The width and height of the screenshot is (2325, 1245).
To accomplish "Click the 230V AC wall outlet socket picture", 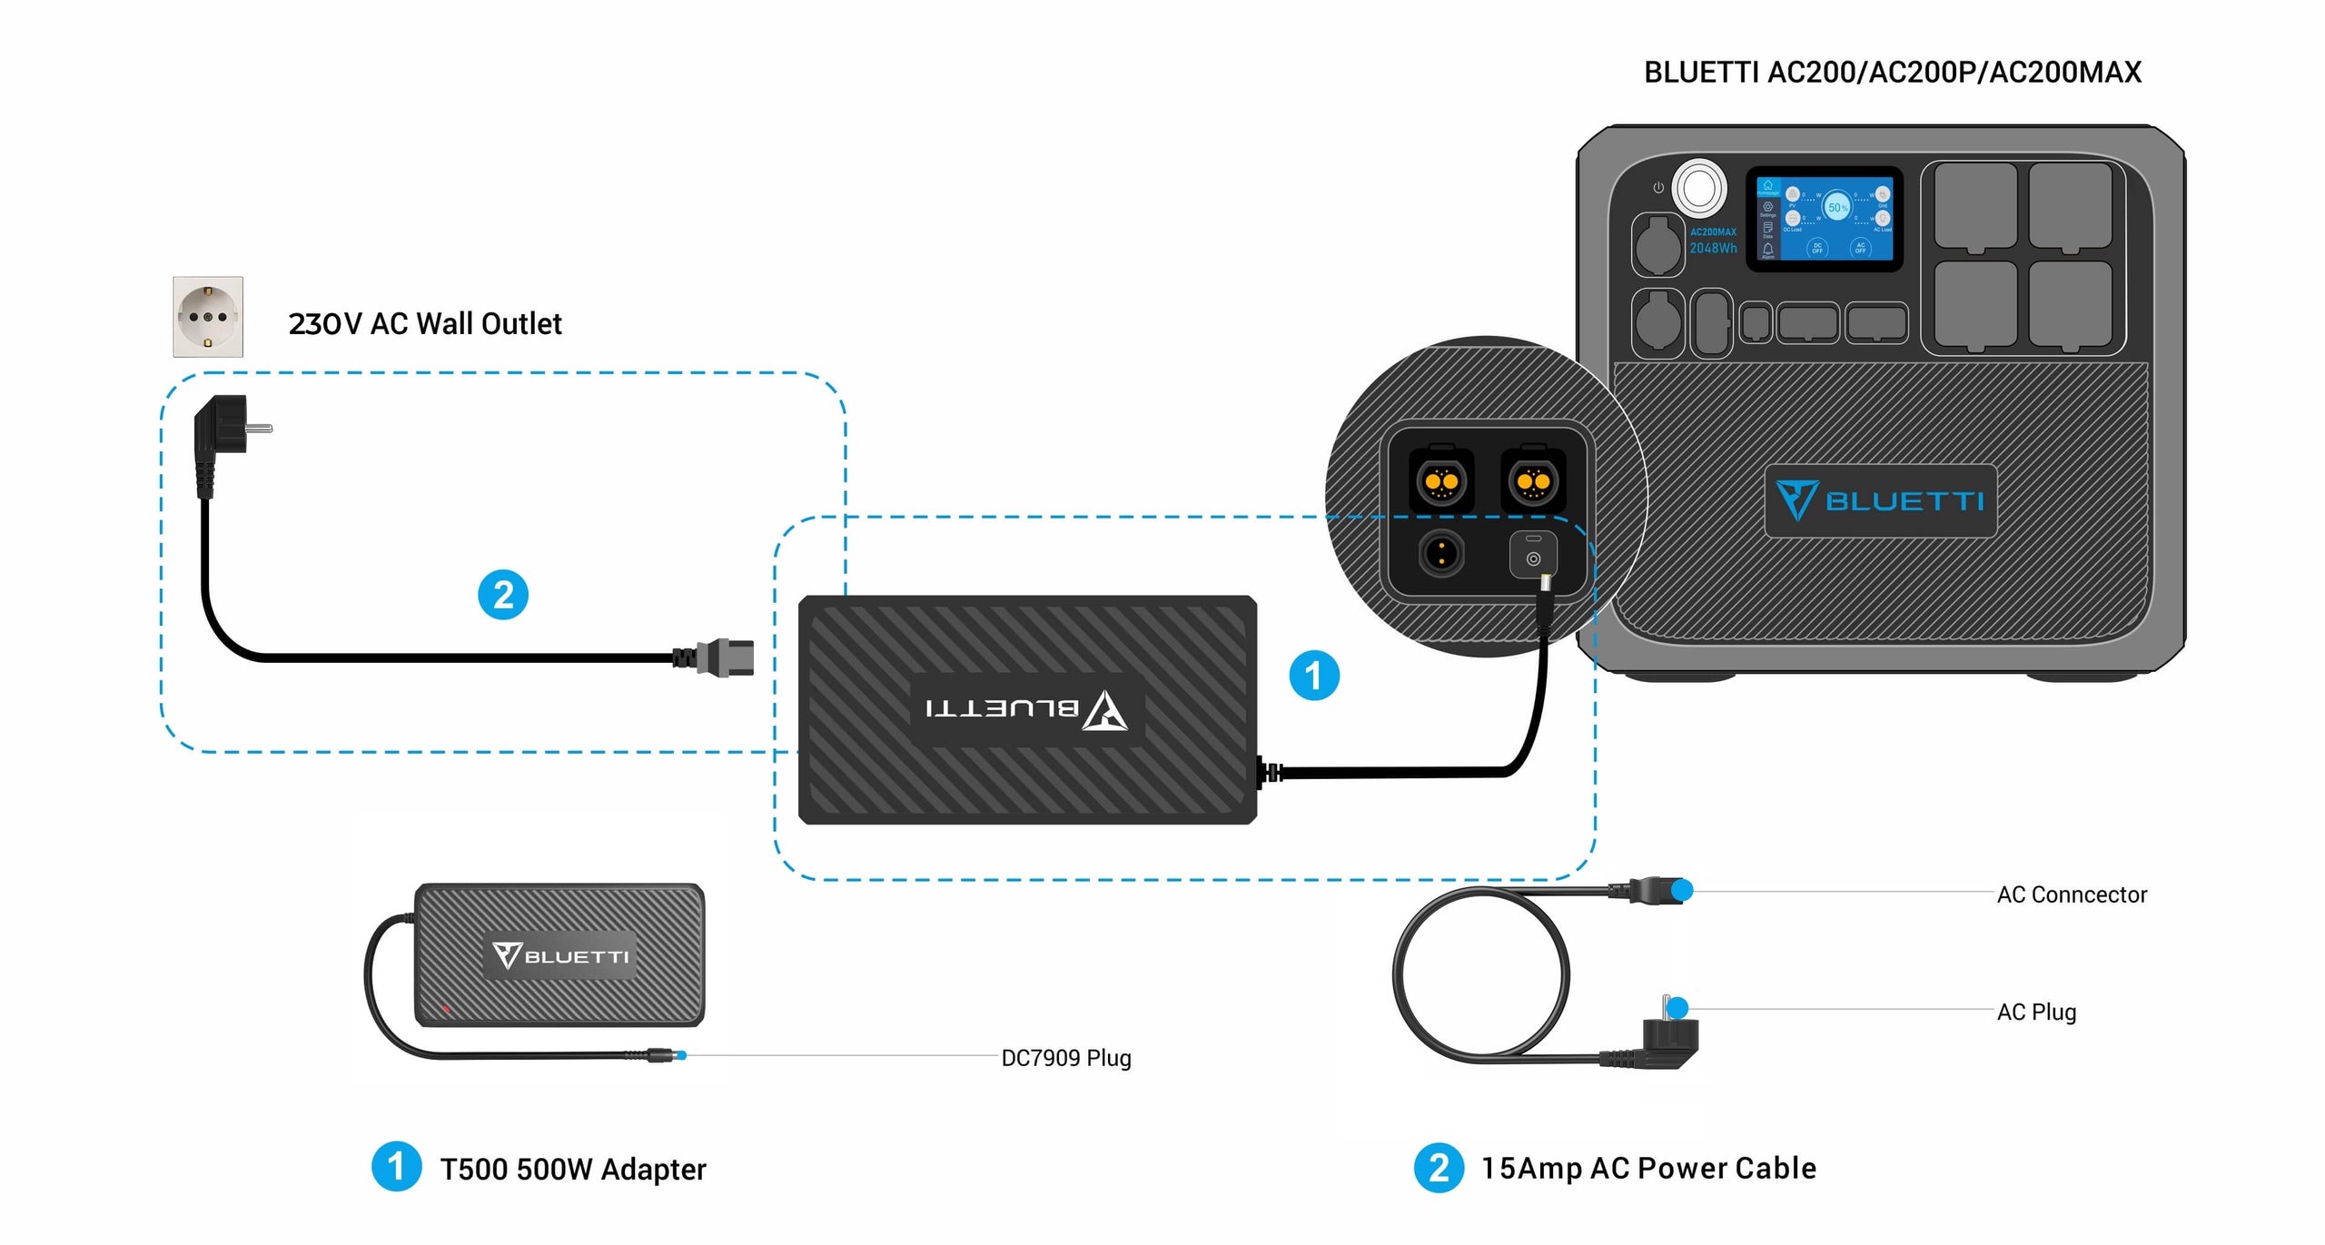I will tap(208, 317).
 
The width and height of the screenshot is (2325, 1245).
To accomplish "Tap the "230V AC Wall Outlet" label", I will tap(425, 324).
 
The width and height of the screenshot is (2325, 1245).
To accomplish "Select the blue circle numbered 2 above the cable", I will tap(503, 595).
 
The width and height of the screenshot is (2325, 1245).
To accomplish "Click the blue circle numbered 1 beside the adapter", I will tap(1314, 676).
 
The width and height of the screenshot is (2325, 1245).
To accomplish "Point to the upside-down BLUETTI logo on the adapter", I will tap(1027, 709).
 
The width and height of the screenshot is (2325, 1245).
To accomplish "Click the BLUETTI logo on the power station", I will tap(1880, 500).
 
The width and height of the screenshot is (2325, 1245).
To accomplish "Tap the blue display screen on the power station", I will tap(1825, 219).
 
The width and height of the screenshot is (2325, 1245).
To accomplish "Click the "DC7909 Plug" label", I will tap(1066, 1058).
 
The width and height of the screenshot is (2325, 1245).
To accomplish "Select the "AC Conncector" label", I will tap(2072, 894).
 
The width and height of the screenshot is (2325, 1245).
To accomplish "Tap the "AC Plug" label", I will tap(2036, 1012).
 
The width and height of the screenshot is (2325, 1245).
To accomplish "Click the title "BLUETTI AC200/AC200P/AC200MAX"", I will tap(1893, 73).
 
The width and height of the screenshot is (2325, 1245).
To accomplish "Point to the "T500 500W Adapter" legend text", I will tap(573, 1169).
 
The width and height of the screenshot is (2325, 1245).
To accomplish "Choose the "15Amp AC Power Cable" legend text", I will tap(1648, 1168).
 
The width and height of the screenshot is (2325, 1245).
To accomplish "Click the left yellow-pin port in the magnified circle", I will tap(1441, 481).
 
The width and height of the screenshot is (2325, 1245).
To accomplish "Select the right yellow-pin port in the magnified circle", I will tap(1534, 481).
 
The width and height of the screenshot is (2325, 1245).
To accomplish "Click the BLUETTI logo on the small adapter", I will tap(560, 956).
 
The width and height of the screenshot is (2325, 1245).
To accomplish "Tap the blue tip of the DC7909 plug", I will tap(681, 1055).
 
